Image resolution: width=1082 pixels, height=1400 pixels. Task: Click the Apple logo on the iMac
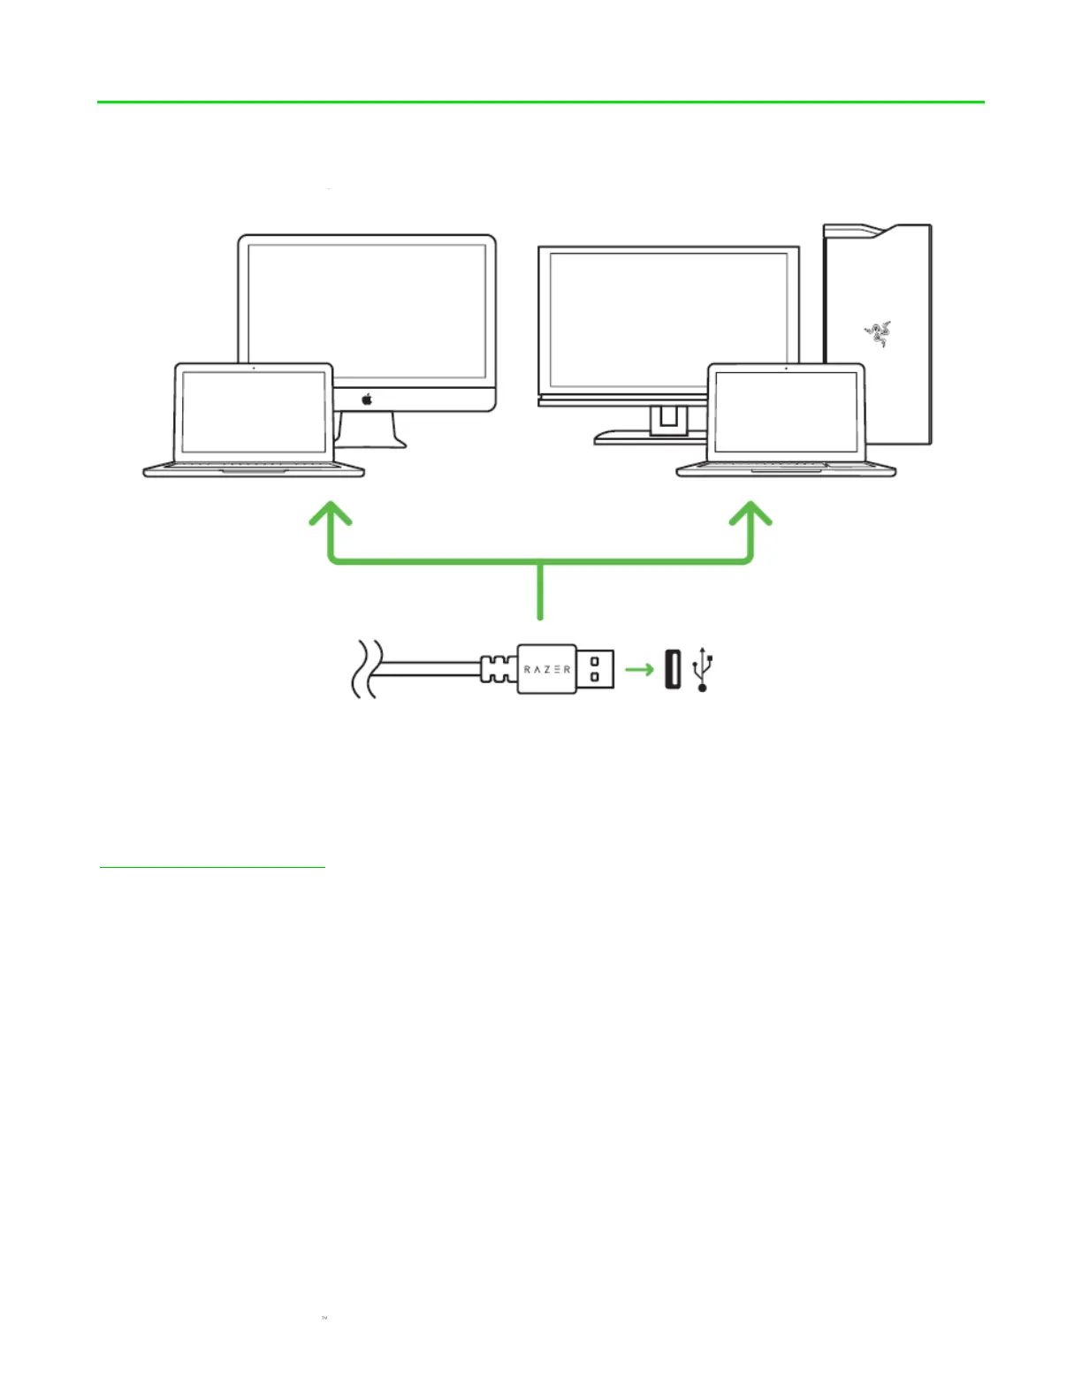coord(367,399)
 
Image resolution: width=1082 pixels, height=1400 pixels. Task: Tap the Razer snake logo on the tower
coord(877,333)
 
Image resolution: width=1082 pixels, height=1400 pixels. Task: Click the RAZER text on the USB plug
coord(547,669)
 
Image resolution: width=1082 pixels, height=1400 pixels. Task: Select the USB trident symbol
coord(704,668)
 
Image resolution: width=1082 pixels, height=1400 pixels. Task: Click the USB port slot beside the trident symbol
coord(673,669)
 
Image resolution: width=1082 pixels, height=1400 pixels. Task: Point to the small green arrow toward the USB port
coord(639,669)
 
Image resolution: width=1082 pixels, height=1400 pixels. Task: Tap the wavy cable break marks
coord(366,669)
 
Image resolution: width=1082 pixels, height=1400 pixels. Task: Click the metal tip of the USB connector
coord(596,669)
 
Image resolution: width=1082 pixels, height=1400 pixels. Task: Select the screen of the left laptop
coord(253,412)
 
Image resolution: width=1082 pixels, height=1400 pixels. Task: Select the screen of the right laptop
coord(786,412)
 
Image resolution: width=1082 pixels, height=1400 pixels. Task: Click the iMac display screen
coord(367,310)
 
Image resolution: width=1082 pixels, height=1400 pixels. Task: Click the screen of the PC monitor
coord(668,319)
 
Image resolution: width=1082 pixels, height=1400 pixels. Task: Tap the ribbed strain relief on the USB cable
coord(499,669)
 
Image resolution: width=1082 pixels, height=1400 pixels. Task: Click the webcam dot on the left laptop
coord(254,368)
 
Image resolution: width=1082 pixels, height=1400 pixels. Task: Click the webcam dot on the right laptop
coord(786,368)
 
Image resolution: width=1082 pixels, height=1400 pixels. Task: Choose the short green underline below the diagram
coord(212,868)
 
